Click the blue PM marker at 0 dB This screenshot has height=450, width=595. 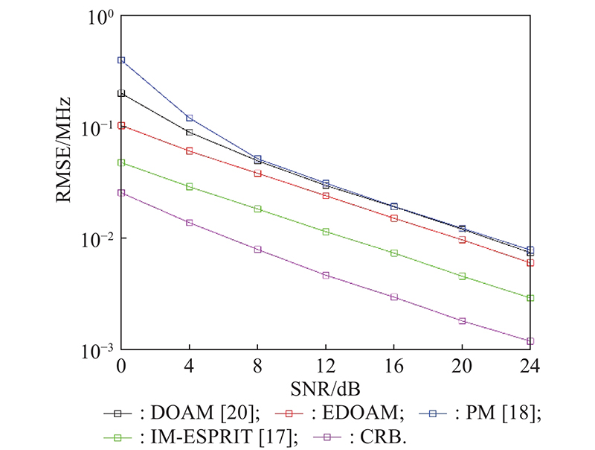[x=121, y=60]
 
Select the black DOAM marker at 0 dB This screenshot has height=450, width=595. [x=121, y=94]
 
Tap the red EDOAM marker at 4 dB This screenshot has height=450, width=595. [x=190, y=151]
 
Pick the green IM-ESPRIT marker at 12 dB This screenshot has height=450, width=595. [x=326, y=232]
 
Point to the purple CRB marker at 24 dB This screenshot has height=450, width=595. [x=530, y=341]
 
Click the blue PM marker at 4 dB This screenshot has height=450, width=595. [x=190, y=118]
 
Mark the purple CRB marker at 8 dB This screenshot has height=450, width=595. [x=258, y=250]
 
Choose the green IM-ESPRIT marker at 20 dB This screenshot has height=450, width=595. [x=462, y=276]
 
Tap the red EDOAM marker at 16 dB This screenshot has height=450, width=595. [x=394, y=218]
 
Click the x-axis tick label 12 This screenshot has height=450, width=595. [x=326, y=367]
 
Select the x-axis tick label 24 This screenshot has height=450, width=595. [x=530, y=367]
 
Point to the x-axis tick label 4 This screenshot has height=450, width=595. [x=190, y=367]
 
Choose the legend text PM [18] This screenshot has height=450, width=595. [x=495, y=412]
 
